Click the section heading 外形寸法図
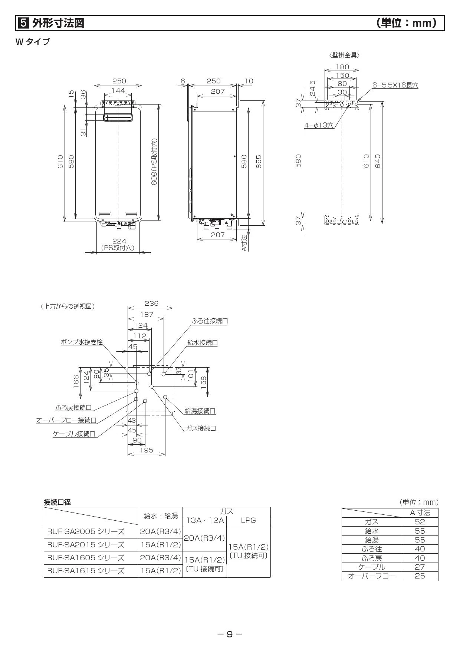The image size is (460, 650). [x=58, y=23]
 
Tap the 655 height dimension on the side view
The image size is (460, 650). [x=259, y=162]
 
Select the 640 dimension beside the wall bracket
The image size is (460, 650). [x=378, y=161]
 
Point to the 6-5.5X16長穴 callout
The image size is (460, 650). [x=395, y=85]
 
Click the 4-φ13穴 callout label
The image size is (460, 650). [x=319, y=125]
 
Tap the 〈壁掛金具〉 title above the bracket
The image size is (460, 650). [x=344, y=55]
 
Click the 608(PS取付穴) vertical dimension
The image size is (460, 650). [x=154, y=162]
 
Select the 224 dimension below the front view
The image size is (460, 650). [x=119, y=241]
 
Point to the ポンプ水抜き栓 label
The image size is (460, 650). [x=82, y=342]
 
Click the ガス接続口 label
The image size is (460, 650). [x=201, y=428]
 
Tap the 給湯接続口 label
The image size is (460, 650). [x=200, y=411]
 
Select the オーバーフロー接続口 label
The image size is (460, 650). [x=66, y=420]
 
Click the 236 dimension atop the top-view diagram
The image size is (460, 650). [x=151, y=304]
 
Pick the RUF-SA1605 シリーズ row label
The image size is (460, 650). [x=86, y=557]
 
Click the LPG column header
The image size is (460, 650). [x=248, y=520]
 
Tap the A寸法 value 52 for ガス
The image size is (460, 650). [x=420, y=522]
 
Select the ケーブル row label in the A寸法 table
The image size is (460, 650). [x=372, y=567]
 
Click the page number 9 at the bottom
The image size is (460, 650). [x=230, y=634]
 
